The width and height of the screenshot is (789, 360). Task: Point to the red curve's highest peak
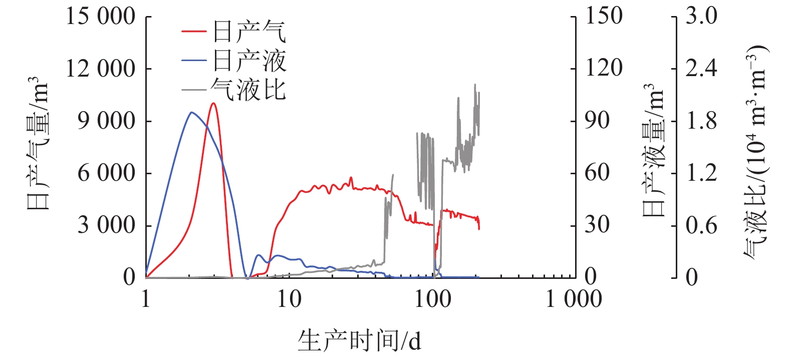[213, 103]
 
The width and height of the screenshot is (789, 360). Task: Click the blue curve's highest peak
[191, 112]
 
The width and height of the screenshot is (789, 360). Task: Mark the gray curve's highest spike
[475, 85]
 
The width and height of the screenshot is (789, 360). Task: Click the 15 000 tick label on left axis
[101, 17]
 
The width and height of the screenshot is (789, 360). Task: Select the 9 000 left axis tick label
[106, 121]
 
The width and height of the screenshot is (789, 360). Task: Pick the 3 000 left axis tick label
[106, 225]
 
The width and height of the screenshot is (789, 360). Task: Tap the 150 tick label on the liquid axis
[604, 17]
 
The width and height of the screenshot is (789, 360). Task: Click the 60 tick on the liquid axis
[597, 173]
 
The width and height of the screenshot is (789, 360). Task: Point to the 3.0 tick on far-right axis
[701, 17]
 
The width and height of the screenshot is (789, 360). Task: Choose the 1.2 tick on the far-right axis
[701, 173]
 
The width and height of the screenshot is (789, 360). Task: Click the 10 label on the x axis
[289, 299]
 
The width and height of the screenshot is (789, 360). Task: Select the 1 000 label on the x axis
[574, 299]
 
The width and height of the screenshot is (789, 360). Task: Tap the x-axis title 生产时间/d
[359, 341]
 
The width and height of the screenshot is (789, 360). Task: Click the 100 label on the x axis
[433, 299]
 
